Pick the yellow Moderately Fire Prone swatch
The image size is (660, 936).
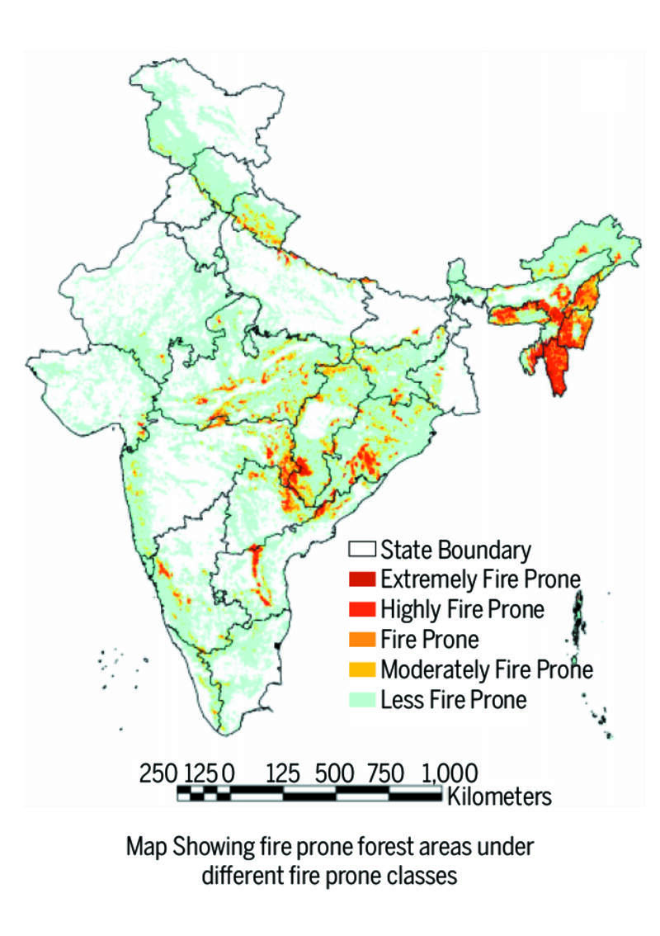[362, 669]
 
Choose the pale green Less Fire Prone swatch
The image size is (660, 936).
[362, 700]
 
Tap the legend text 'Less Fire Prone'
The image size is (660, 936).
[453, 700]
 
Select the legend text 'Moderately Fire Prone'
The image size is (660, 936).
[487, 669]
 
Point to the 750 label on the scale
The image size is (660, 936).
[386, 774]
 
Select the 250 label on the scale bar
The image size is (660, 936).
[158, 774]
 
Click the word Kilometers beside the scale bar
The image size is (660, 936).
[498, 797]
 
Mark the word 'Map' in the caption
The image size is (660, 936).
[144, 847]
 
